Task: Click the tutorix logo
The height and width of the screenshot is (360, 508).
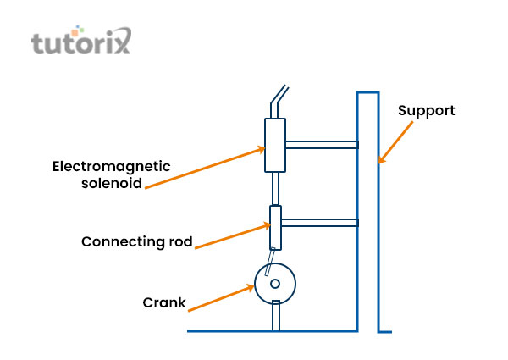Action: (81, 42)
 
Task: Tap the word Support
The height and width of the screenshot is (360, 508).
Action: (427, 111)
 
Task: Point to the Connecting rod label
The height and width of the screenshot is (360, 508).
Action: (136, 241)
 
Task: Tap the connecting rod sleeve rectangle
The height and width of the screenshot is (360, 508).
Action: (275, 226)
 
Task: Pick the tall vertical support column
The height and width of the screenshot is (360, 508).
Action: (367, 212)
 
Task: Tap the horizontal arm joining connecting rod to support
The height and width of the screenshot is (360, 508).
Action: (319, 224)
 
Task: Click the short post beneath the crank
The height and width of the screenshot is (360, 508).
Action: (275, 317)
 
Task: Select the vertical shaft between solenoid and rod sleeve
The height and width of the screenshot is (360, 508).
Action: (275, 188)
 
